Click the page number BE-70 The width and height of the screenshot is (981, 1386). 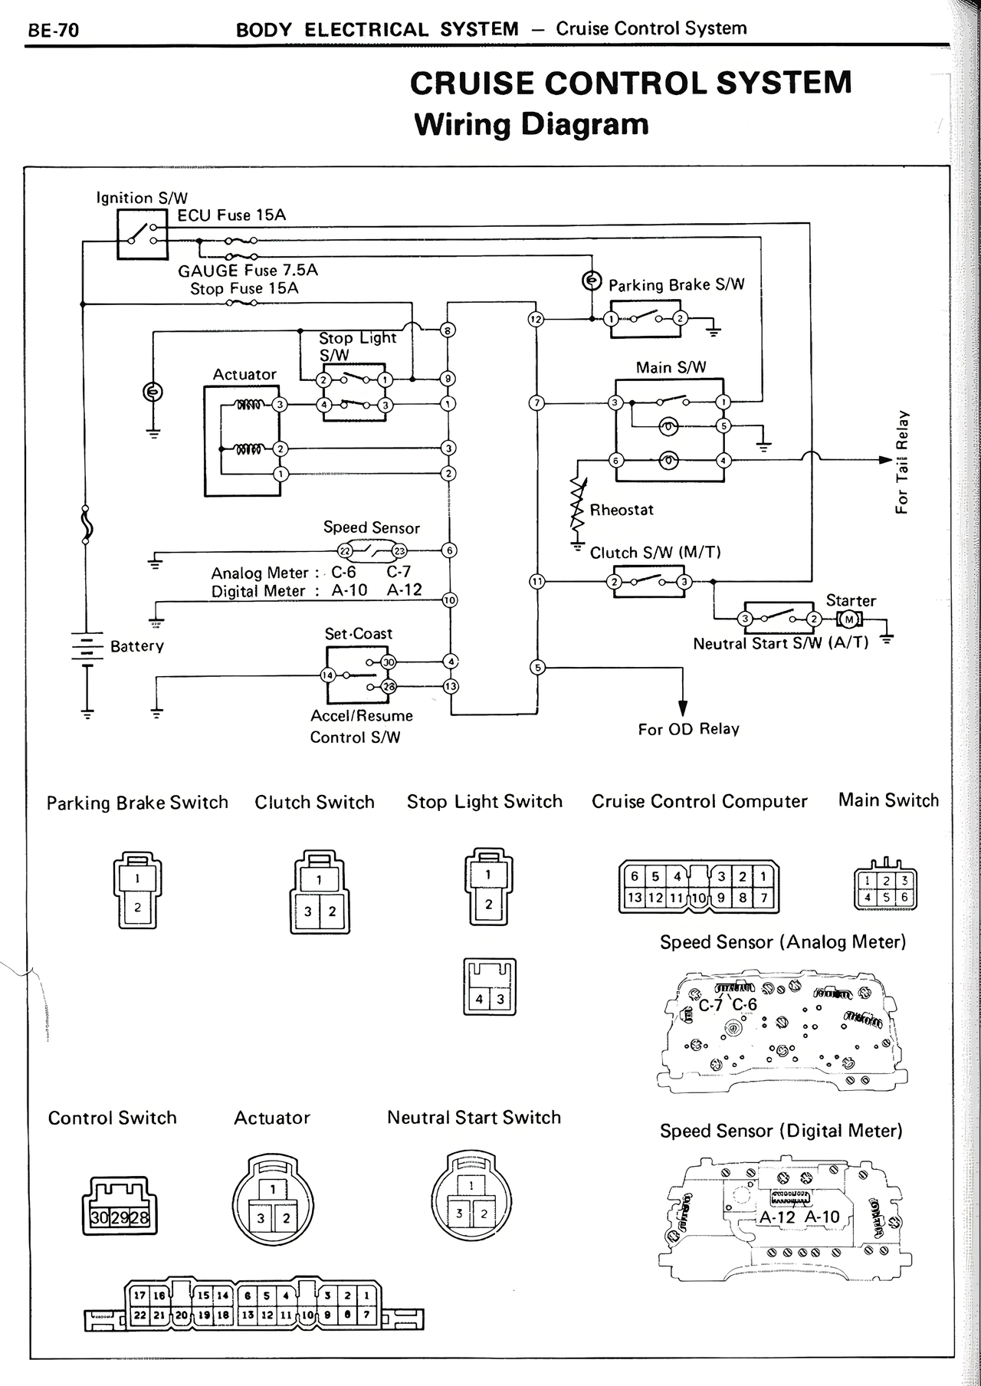click(x=53, y=31)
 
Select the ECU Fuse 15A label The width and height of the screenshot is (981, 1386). click(x=231, y=215)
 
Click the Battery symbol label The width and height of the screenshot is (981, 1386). click(x=137, y=646)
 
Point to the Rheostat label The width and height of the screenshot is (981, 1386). click(x=622, y=510)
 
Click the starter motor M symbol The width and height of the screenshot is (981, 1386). click(x=848, y=619)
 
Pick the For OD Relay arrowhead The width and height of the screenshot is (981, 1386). click(x=682, y=708)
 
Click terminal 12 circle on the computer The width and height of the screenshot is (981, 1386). click(x=536, y=319)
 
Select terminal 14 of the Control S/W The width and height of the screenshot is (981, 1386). click(x=328, y=675)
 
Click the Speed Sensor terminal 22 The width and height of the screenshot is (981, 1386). click(x=345, y=550)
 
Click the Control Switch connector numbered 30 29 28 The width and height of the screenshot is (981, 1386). click(x=118, y=1209)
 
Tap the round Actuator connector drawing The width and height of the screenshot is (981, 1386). click(x=274, y=1201)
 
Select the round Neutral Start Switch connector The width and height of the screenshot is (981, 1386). click(x=471, y=1201)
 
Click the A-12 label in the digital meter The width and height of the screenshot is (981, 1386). click(x=777, y=1217)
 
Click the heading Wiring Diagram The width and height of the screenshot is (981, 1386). click(x=530, y=124)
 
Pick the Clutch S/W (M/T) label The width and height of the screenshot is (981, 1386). click(x=655, y=553)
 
